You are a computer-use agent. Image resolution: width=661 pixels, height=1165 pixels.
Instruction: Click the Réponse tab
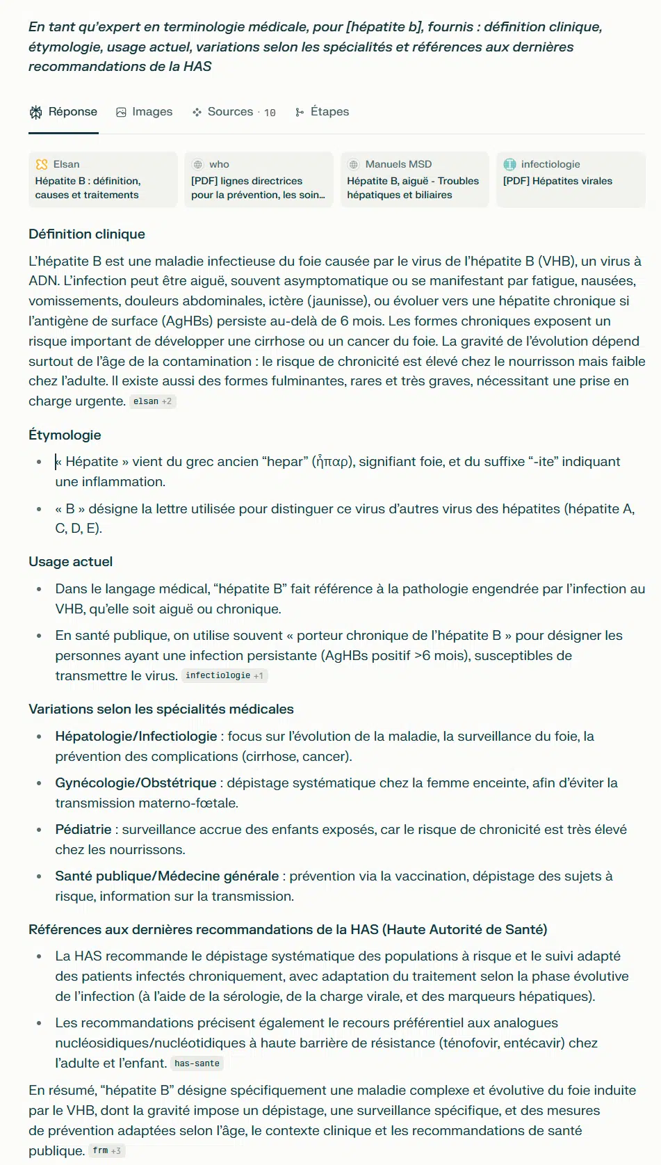click(x=64, y=112)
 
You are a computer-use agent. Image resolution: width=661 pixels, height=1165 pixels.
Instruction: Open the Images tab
click(x=144, y=112)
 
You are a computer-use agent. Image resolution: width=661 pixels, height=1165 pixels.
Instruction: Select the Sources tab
click(x=234, y=112)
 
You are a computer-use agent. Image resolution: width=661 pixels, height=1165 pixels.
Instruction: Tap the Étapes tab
click(x=322, y=112)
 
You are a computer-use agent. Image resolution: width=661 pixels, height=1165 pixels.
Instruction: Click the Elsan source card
click(x=103, y=179)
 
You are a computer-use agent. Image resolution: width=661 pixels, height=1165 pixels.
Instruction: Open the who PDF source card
click(x=259, y=179)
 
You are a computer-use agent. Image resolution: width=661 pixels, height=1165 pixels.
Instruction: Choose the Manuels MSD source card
click(x=414, y=179)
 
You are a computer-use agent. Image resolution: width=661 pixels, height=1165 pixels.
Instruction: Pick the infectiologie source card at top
click(x=570, y=179)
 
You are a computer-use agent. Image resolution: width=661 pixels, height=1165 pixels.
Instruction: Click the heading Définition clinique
click(x=87, y=234)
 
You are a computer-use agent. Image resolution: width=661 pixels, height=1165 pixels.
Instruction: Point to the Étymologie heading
click(x=65, y=435)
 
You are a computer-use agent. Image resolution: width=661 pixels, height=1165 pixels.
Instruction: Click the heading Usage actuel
click(x=70, y=562)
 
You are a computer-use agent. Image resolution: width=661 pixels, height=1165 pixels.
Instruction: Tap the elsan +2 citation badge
click(x=152, y=401)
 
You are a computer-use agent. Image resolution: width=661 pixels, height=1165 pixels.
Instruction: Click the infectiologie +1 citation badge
click(x=224, y=675)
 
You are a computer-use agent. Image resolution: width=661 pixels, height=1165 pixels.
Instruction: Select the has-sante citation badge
click(x=197, y=1063)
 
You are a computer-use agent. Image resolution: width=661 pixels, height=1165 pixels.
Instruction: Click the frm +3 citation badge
click(x=106, y=1150)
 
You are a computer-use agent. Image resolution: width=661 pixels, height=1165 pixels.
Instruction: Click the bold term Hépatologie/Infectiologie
click(x=136, y=737)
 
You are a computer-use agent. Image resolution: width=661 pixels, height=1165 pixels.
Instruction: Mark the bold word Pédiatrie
click(x=83, y=830)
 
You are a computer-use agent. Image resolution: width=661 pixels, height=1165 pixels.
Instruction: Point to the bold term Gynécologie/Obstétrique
click(x=136, y=783)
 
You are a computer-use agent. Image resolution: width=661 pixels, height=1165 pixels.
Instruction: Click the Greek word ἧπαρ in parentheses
click(x=333, y=462)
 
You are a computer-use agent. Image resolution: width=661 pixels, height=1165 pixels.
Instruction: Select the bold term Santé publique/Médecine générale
click(x=167, y=876)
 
